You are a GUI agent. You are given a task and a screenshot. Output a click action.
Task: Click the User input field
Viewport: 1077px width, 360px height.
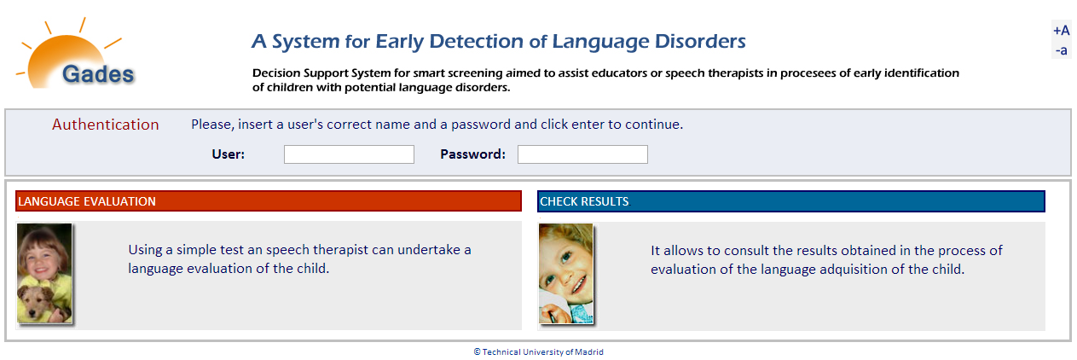tap(349, 154)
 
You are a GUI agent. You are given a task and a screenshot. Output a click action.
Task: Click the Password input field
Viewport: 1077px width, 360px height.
tap(582, 154)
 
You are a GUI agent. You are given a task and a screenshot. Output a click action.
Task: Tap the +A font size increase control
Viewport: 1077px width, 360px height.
tap(1061, 31)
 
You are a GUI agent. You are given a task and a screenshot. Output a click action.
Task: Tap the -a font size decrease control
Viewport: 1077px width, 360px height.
tap(1061, 50)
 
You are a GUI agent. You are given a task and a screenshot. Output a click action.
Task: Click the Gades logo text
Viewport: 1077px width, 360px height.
tap(98, 74)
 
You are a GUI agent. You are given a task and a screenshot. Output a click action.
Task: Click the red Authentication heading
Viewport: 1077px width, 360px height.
tap(105, 125)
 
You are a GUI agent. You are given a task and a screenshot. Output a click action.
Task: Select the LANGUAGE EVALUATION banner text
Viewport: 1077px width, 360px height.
tap(87, 201)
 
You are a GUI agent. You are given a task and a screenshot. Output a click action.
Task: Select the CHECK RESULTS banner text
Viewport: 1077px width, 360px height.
tap(584, 201)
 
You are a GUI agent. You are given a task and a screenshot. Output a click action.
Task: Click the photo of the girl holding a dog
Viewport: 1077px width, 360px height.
tap(44, 273)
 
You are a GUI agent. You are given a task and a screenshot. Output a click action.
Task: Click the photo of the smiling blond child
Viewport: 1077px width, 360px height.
tap(566, 273)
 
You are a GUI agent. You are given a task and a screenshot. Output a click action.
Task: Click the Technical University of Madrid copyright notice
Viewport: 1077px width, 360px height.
tap(539, 351)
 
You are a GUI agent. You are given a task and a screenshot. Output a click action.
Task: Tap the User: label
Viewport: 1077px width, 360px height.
tap(229, 154)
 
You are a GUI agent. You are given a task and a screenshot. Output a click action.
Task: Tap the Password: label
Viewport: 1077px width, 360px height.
tap(472, 154)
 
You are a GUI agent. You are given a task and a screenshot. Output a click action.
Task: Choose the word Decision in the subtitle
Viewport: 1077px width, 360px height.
tap(276, 73)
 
